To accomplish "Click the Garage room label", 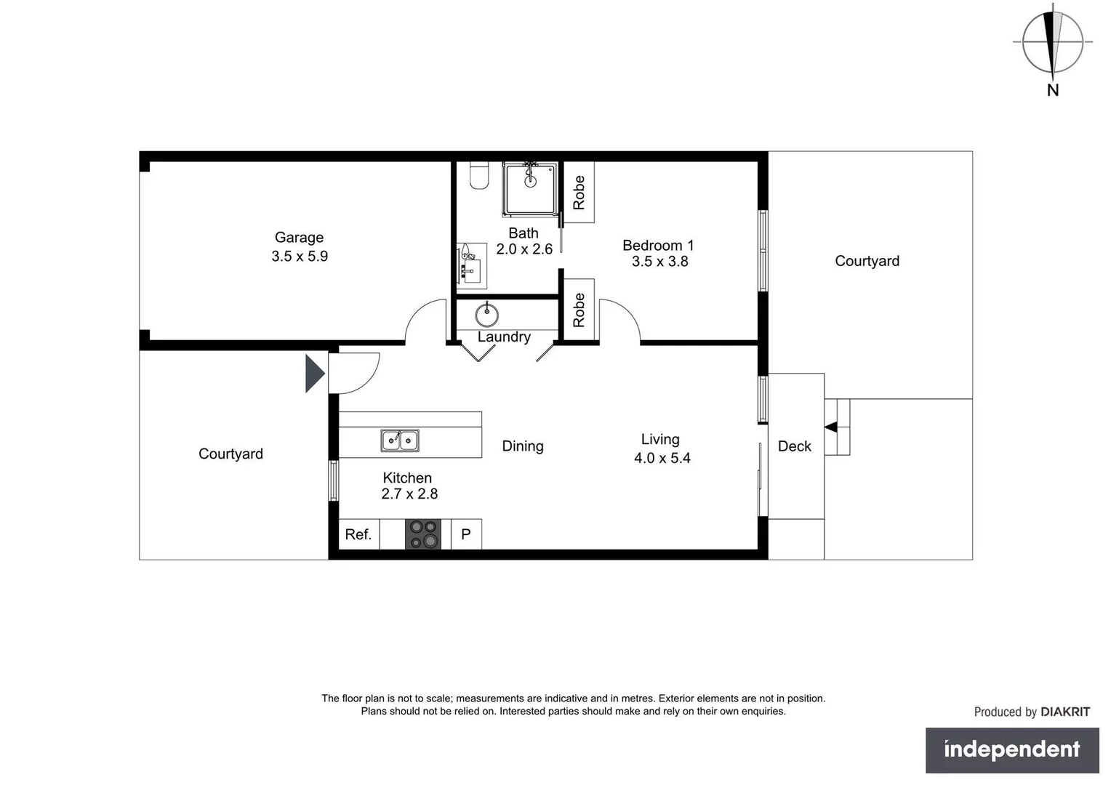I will pos(299,238).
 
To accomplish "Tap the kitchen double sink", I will pos(400,440).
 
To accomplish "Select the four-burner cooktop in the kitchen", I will pos(423,534).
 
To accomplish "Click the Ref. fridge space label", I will pos(358,534).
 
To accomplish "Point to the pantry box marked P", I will pos(466,534).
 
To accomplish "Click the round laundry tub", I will pos(486,315).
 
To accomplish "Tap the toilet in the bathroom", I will pos(479,175).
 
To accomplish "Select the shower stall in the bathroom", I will pos(530,189).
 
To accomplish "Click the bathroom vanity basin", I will pos(470,265).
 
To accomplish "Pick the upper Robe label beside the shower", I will pos(579,193).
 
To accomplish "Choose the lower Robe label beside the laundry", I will pos(579,310).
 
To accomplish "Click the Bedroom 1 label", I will pos(658,246).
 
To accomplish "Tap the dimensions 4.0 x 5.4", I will pos(662,458).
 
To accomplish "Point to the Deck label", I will pos(794,446).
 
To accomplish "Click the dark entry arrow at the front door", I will pos(314,374).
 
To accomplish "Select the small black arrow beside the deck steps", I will pos(830,427).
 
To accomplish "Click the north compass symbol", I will pos(1052,42).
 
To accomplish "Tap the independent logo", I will pos(1011,749).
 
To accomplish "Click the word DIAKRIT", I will pos(1065,712).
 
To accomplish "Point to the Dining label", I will pos(523,446).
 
